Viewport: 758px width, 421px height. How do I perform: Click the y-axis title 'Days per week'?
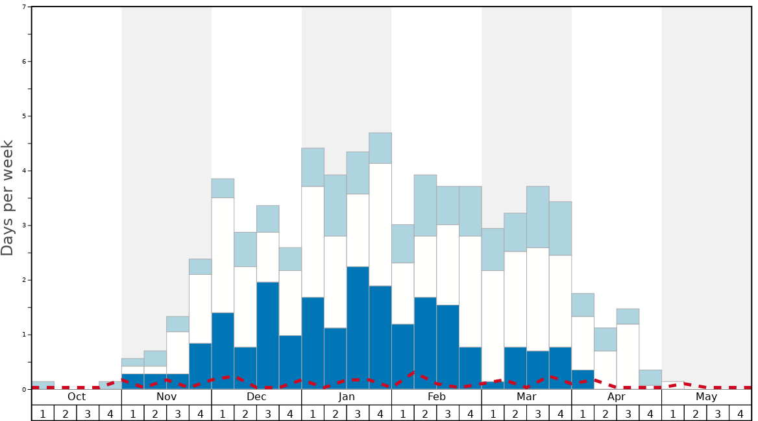pyautogui.click(x=8, y=198)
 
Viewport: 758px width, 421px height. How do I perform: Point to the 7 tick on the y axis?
pyautogui.click(x=25, y=7)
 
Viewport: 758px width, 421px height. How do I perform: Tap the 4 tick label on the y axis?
pyautogui.click(x=25, y=171)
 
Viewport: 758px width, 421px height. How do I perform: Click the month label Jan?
pyautogui.click(x=347, y=397)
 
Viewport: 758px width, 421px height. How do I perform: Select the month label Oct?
pyautogui.click(x=77, y=397)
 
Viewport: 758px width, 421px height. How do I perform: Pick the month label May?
pyautogui.click(x=707, y=397)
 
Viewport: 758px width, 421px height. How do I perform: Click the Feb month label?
pyautogui.click(x=437, y=397)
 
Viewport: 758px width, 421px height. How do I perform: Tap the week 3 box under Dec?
pyautogui.click(x=268, y=413)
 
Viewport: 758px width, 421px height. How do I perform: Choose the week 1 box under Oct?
pyautogui.click(x=43, y=413)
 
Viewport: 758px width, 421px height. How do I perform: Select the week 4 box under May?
pyautogui.click(x=740, y=413)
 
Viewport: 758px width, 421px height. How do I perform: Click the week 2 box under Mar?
pyautogui.click(x=515, y=413)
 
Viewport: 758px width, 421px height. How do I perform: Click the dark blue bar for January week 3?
pyautogui.click(x=358, y=327)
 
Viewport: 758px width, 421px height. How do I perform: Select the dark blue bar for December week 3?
pyautogui.click(x=268, y=335)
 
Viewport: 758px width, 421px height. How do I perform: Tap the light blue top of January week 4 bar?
pyautogui.click(x=380, y=148)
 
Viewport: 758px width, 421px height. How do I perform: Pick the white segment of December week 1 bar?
pyautogui.click(x=223, y=255)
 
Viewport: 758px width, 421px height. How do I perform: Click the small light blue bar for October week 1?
pyautogui.click(x=43, y=385)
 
